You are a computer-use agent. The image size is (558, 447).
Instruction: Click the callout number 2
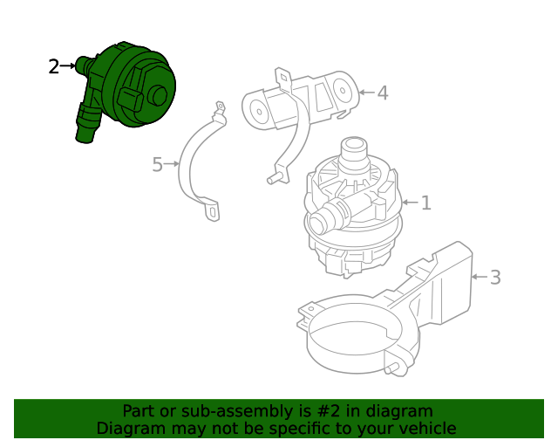click(54, 66)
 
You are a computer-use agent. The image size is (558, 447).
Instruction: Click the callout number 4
click(382, 93)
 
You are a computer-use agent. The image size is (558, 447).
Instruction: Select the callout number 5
click(157, 164)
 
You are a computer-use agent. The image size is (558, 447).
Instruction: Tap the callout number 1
click(425, 203)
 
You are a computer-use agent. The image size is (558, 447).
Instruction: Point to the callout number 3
click(495, 278)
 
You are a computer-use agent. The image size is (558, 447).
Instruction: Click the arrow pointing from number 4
click(365, 92)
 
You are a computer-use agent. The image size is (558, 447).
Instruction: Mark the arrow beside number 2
click(69, 65)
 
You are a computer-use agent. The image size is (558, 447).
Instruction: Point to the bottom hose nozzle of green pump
click(85, 133)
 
